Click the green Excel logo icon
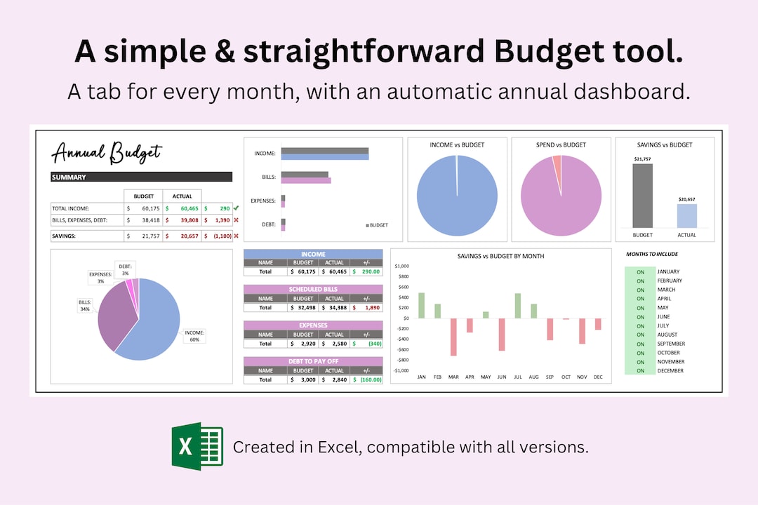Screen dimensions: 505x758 197,446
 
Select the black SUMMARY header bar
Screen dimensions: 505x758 141,177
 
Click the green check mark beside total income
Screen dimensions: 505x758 236,208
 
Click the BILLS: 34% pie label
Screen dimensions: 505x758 85,305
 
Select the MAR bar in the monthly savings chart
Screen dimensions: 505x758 454,337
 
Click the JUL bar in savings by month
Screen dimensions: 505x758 518,306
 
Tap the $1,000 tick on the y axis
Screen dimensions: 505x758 402,267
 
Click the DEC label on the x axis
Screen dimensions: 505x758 598,377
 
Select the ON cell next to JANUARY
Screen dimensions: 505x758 640,271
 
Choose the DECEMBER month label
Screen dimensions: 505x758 671,371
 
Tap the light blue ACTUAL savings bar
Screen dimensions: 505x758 687,215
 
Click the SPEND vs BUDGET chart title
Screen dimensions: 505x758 561,145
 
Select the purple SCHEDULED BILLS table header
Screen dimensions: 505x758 313,289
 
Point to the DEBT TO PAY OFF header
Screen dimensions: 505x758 313,361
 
